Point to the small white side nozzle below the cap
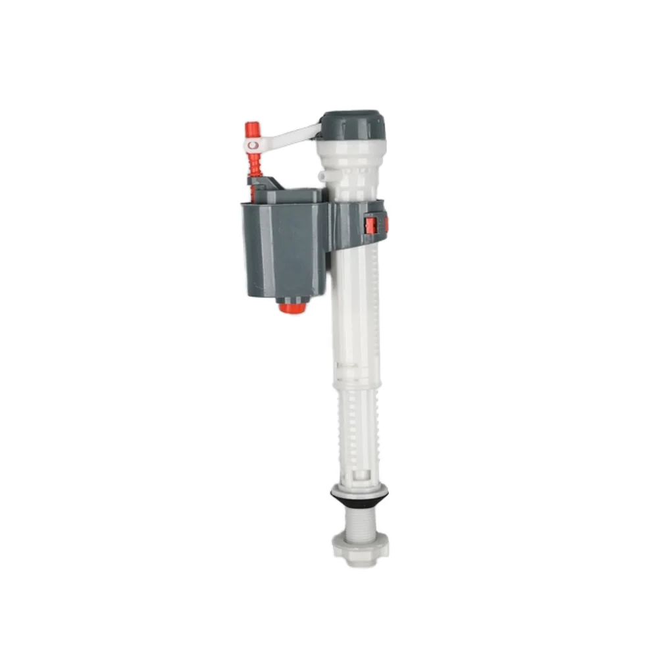[321, 176]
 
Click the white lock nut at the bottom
[359, 547]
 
